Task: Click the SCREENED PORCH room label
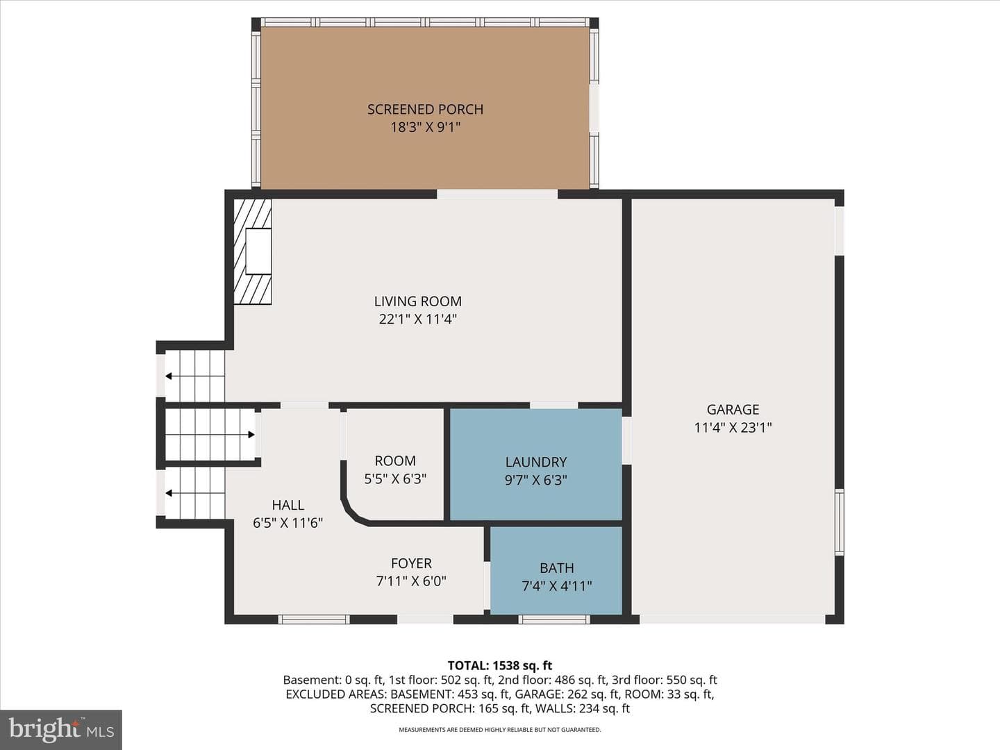point(425,109)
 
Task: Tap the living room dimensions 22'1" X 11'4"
point(418,319)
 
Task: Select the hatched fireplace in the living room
point(252,251)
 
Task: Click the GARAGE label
point(733,410)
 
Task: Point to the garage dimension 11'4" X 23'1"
point(733,428)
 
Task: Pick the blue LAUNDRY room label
point(535,462)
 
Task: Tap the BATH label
point(557,568)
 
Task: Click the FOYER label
point(411,563)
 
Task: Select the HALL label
point(288,505)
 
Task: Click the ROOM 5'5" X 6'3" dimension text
point(395,479)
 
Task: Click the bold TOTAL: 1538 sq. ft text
point(500,665)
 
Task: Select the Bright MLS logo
point(61,729)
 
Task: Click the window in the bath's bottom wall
point(554,619)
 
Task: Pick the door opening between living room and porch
point(497,194)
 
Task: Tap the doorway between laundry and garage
point(627,440)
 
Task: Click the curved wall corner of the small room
point(351,511)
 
